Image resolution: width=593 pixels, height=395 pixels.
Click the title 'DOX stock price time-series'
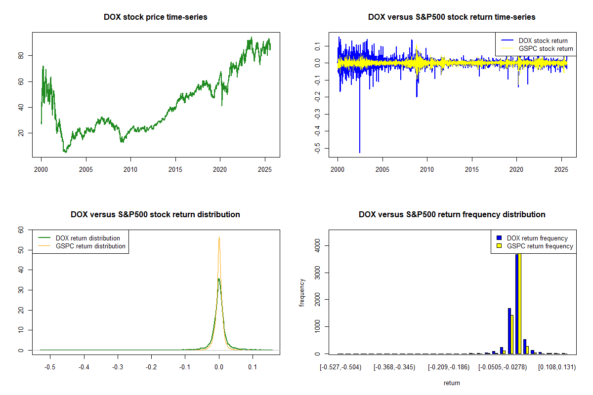(156, 17)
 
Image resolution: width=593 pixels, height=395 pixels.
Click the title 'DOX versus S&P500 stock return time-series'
(452, 17)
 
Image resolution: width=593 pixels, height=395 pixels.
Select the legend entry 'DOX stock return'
(543, 40)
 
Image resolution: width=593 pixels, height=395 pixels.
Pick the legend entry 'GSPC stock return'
(546, 48)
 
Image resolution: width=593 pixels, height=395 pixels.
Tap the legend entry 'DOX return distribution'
(88, 238)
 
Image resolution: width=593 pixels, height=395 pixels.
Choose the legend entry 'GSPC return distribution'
(90, 246)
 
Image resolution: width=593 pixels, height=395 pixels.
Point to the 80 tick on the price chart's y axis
(21, 56)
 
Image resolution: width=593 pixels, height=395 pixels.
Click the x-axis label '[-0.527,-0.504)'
(340, 367)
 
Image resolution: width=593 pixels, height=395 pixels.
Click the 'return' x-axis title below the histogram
(452, 383)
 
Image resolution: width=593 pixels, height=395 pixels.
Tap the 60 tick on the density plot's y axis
(21, 230)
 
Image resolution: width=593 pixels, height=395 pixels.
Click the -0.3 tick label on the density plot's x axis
(117, 367)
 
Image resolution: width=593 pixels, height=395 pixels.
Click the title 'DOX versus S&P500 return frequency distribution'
(452, 215)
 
